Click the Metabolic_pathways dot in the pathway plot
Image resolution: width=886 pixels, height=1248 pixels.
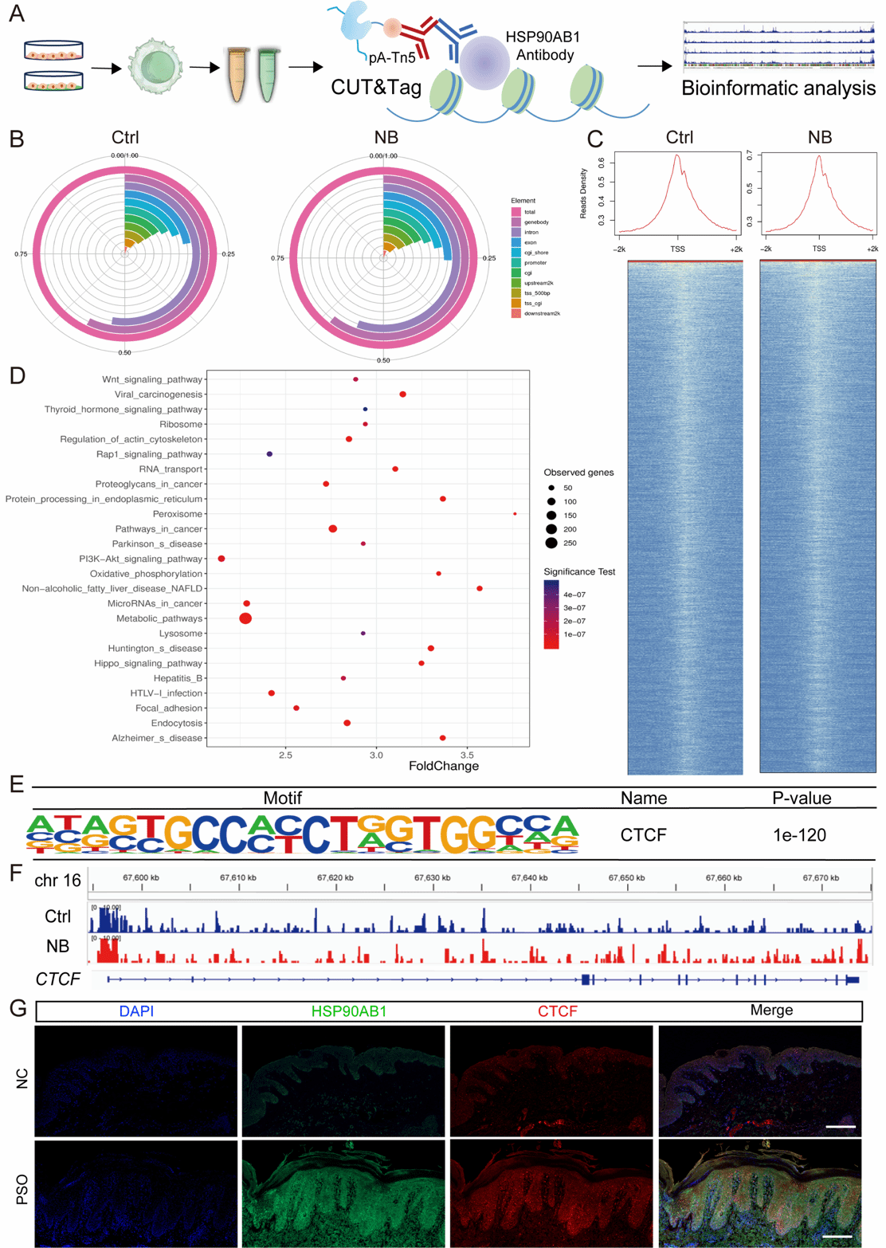245,618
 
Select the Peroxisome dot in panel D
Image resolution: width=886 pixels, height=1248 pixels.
516,514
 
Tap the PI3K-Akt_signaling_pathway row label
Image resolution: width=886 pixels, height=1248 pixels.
140,559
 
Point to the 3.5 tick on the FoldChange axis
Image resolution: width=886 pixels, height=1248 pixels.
468,754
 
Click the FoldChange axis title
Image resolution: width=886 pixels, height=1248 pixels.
444,767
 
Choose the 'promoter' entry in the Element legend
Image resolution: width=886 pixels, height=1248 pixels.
535,263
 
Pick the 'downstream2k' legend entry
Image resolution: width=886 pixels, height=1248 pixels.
542,314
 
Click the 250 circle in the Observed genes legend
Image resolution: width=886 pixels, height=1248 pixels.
551,544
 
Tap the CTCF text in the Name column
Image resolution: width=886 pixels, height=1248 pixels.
643,835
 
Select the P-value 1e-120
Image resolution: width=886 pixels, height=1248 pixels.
799,835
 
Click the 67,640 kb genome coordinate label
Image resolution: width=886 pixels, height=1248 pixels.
530,878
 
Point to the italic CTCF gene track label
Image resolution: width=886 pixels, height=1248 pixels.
58,979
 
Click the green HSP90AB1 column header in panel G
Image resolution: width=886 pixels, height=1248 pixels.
349,1011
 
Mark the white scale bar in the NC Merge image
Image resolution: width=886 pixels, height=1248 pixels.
841,1127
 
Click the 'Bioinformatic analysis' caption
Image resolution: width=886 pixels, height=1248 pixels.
778,88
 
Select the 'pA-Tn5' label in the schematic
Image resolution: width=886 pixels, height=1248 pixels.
392,57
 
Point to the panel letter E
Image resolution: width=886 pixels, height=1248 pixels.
16,784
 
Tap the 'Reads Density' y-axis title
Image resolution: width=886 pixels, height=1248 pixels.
584,194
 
